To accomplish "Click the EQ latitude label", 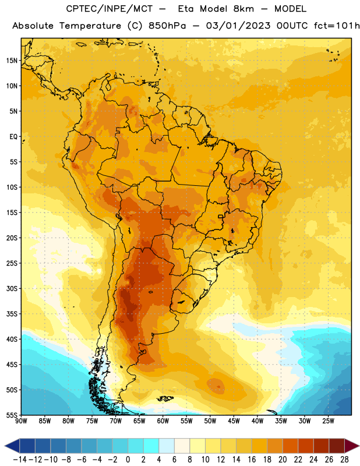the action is tap(13, 137).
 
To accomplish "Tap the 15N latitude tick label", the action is tap(12, 61).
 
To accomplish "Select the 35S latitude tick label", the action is tap(12, 314).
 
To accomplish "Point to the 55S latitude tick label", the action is tap(12, 415).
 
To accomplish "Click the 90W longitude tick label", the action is tap(21, 421).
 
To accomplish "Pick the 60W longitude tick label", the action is tap(163, 421).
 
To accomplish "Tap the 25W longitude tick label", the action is tap(328, 421).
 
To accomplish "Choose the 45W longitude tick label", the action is tap(234, 421).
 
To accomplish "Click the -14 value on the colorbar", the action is tap(20, 460).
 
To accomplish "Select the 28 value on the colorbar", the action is tap(344, 460).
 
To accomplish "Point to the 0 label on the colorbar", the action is tap(128, 460).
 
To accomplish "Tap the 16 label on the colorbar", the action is tap(252, 460).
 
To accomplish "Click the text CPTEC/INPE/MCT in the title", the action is tap(109, 9).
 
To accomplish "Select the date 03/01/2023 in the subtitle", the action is tap(238, 26).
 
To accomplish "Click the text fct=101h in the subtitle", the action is tap(337, 26).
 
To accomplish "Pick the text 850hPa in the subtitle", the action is tap(167, 26).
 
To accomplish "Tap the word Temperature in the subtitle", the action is tap(90, 26).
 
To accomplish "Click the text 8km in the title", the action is tap(243, 9).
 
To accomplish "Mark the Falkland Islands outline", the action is tap(165, 398).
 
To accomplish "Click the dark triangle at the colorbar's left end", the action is tap(12, 446).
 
